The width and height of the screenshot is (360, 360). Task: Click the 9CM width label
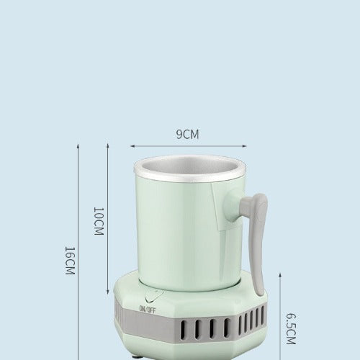(x=187, y=134)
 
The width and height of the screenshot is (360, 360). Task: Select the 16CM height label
(x=69, y=262)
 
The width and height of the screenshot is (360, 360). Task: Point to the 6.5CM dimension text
(x=291, y=330)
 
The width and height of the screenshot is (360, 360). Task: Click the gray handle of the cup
(x=256, y=230)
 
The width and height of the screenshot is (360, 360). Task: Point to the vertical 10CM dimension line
(x=108, y=180)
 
